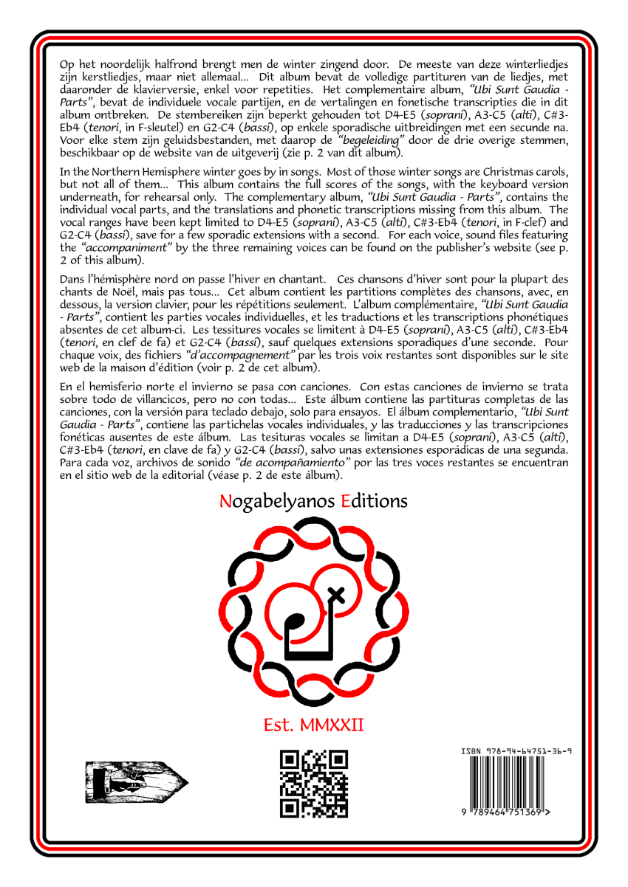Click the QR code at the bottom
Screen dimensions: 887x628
click(x=314, y=783)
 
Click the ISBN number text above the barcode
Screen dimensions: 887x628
click(x=516, y=750)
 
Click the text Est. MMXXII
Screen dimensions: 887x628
click(x=314, y=725)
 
